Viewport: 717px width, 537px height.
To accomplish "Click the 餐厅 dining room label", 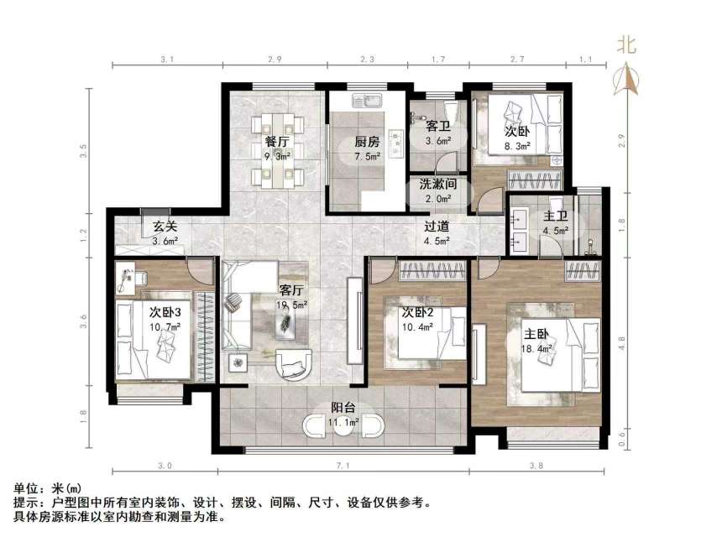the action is pyautogui.click(x=277, y=141).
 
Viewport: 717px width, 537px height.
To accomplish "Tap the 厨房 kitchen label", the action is pyautogui.click(x=367, y=142).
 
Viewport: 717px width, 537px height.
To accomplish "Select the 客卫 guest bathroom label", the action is pyautogui.click(x=438, y=126).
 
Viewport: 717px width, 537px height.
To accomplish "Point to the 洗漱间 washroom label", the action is pyautogui.click(x=438, y=185).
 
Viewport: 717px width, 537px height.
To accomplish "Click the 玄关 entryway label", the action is pyautogui.click(x=165, y=227).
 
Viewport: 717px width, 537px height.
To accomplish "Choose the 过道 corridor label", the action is pyautogui.click(x=437, y=227).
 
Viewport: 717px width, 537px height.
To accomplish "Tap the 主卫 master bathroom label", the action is pyautogui.click(x=556, y=216).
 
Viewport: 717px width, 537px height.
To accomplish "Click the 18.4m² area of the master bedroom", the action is pyautogui.click(x=536, y=349).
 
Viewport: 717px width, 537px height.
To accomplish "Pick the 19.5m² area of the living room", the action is pyautogui.click(x=291, y=305).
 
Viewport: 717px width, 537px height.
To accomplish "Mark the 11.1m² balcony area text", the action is pyautogui.click(x=343, y=423).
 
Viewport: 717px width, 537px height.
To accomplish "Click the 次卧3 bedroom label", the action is pyautogui.click(x=165, y=313).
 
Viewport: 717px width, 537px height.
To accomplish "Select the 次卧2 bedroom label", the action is pyautogui.click(x=417, y=313).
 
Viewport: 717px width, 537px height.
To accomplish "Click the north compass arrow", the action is pyautogui.click(x=626, y=79).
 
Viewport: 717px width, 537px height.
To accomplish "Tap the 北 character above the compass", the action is pyautogui.click(x=626, y=45).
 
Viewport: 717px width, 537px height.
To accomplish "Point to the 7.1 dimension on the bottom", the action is pyautogui.click(x=343, y=466).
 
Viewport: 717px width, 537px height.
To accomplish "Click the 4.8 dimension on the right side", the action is pyautogui.click(x=621, y=343).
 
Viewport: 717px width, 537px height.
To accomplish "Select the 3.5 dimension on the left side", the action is pyautogui.click(x=83, y=151).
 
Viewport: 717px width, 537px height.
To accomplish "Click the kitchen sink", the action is pyautogui.click(x=367, y=100).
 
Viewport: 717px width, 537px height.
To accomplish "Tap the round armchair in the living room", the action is pyautogui.click(x=294, y=365).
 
